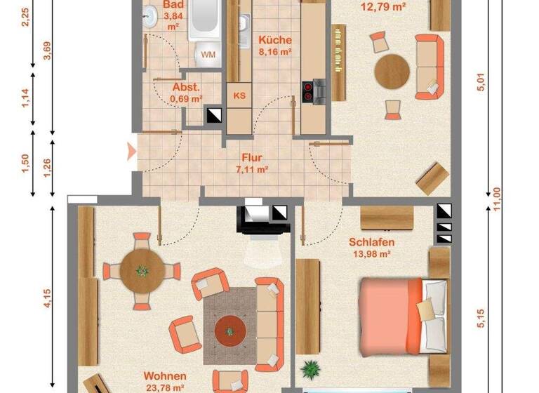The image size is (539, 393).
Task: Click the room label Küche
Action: pos(274,40)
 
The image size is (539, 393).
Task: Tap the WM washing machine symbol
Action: pos(208,54)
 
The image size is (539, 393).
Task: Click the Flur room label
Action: pos(253,158)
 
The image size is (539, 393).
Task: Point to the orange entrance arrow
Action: pos(131,150)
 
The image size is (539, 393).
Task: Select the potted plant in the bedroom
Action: pos(310,368)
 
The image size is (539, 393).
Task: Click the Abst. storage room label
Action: pos(186,88)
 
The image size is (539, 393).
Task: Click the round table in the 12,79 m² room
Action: pos(392,70)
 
